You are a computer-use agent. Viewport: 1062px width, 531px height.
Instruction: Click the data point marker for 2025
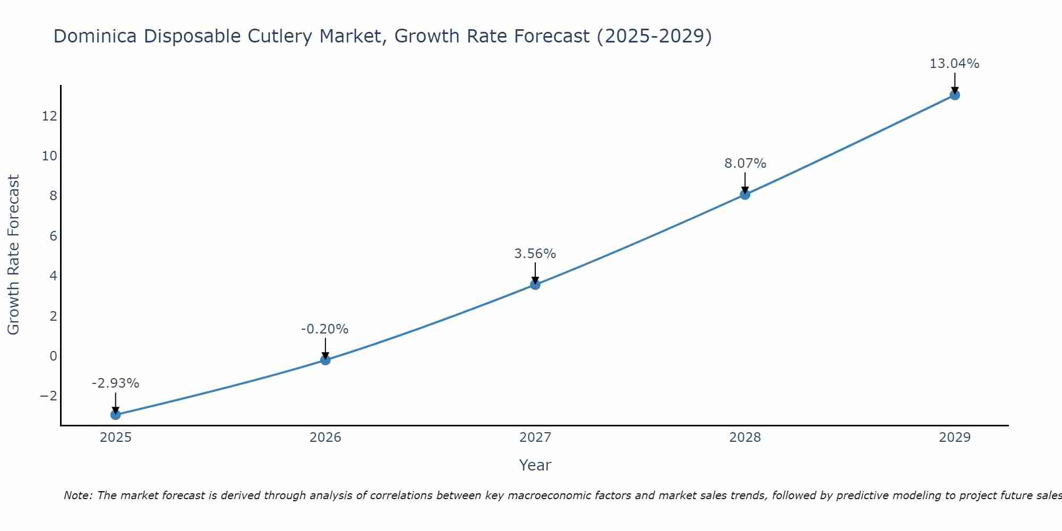[x=116, y=415]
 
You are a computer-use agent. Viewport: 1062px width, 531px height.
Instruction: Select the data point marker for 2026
[x=326, y=360]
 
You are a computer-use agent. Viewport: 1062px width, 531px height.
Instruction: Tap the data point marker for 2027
[x=535, y=285]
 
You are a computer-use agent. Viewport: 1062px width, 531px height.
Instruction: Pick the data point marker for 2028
[x=745, y=194]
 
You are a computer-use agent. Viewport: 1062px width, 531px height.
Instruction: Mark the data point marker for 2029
[x=955, y=95]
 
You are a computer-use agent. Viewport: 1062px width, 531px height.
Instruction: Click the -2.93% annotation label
[x=115, y=383]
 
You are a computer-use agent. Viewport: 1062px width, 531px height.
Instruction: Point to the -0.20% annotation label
[x=324, y=329]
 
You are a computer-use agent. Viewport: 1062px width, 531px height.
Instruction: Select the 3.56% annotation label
[x=535, y=254]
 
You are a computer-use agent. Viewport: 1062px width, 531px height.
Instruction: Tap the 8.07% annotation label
[x=745, y=164]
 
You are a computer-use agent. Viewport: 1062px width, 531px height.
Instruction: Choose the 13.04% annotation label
[x=954, y=64]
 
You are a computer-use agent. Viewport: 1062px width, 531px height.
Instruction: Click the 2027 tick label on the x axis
[x=535, y=438]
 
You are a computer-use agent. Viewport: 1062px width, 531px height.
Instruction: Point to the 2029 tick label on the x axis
[x=955, y=438]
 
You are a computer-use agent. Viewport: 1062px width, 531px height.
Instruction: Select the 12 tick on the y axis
[x=49, y=116]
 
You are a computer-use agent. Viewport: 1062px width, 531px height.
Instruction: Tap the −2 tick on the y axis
[x=48, y=396]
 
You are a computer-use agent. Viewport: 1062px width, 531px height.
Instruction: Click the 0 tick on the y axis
[x=53, y=356]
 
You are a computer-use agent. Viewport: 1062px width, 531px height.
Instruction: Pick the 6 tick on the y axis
[x=53, y=236]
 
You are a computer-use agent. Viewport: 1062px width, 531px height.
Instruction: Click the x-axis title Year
[x=535, y=465]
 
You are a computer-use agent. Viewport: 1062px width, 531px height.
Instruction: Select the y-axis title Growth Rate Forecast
[x=13, y=254]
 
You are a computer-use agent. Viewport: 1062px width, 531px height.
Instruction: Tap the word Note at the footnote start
[x=78, y=495]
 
